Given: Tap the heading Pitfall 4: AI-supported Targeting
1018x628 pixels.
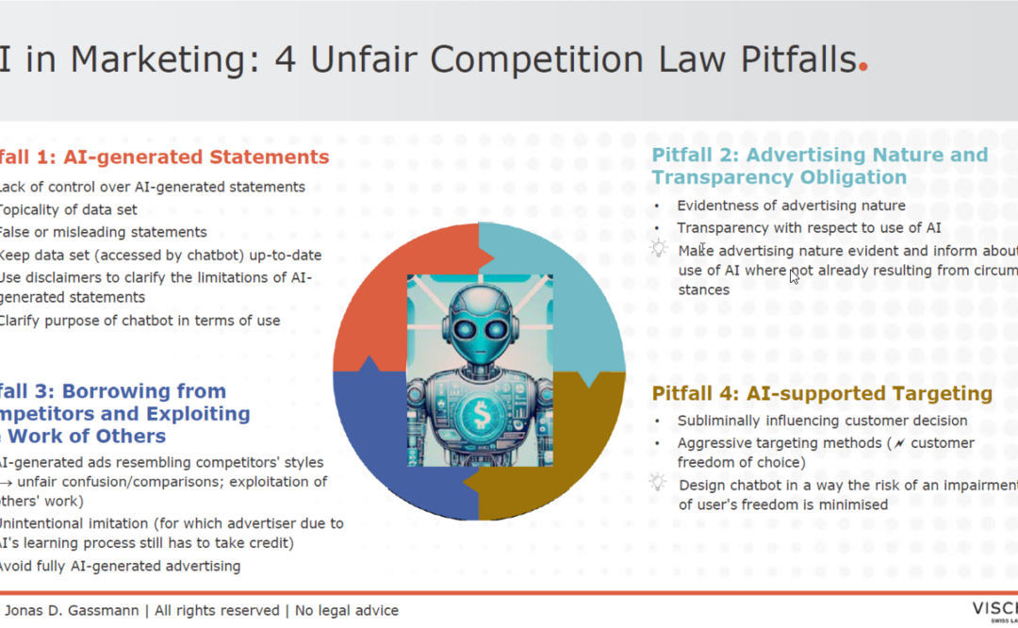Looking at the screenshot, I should [822, 393].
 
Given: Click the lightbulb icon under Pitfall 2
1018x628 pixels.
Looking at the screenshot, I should [658, 248].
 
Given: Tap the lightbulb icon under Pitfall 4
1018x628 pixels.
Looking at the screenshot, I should [658, 483].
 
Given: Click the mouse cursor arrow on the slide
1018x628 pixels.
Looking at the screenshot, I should [795, 276].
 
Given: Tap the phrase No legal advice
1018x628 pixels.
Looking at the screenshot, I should [347, 610].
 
